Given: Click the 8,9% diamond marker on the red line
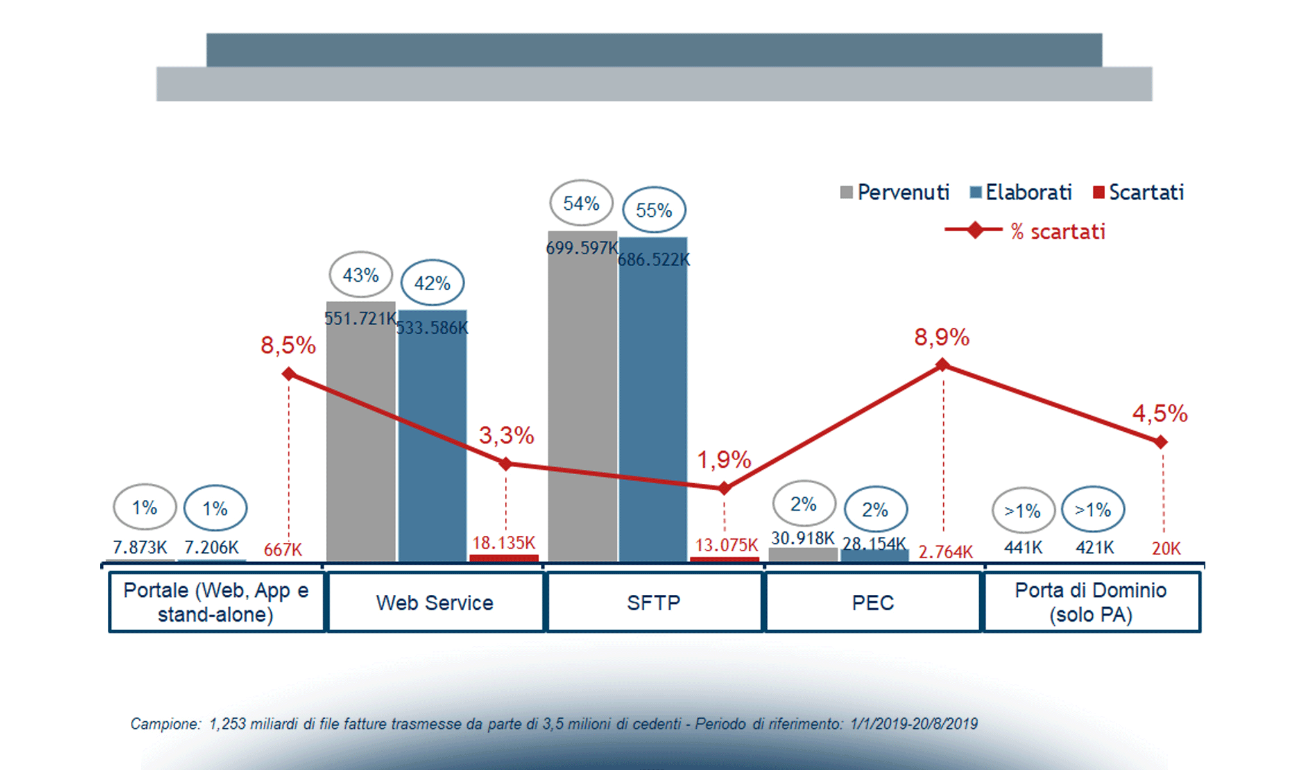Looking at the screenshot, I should [x=942, y=365].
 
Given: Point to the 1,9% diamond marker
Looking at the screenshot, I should [x=724, y=488].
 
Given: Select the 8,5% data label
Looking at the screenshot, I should [x=288, y=345].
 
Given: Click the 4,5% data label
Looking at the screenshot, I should [x=1159, y=414].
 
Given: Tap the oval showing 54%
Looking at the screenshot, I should [x=581, y=203].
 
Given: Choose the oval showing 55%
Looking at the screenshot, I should [x=654, y=210].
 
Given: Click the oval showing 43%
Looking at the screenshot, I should [x=361, y=275].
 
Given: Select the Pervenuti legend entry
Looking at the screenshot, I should [x=894, y=192].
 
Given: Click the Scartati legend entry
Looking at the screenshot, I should [x=1138, y=192].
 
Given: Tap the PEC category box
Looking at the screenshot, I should [x=873, y=603].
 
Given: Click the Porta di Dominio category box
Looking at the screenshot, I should [x=1091, y=603].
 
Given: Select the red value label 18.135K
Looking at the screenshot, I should [x=504, y=543].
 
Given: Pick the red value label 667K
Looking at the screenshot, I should [x=282, y=549].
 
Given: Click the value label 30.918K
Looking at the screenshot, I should [x=803, y=538].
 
